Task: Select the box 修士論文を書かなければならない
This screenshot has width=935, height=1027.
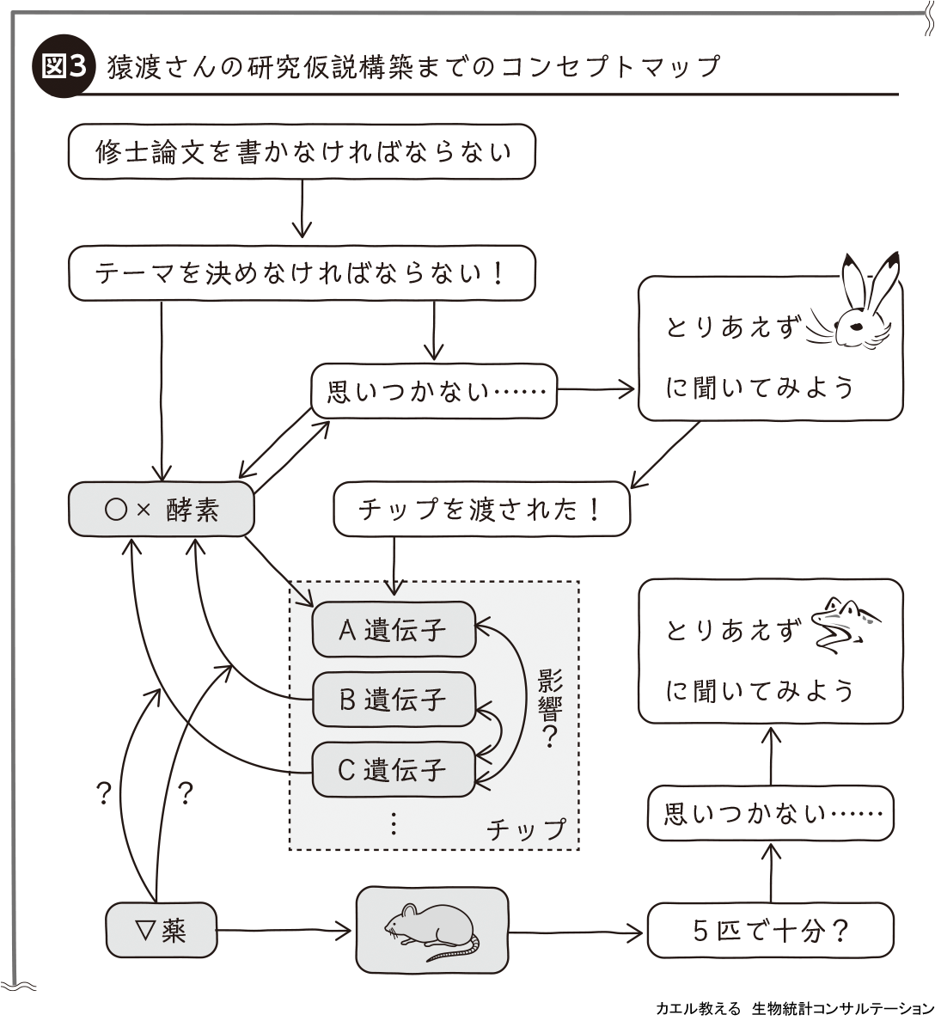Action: click(302, 152)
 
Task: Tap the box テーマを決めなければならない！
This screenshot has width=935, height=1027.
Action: click(302, 273)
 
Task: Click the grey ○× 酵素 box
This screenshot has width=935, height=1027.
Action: click(162, 510)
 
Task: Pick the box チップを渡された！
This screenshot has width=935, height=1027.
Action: click(481, 510)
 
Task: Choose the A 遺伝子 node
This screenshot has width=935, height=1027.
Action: click(394, 630)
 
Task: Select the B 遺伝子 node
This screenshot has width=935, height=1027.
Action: click(394, 700)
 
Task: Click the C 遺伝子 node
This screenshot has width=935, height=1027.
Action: click(394, 769)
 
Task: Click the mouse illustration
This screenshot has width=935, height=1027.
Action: click(431, 932)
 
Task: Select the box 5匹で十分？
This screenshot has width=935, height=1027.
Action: click(770, 931)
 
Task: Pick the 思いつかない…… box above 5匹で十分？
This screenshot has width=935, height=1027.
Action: click(770, 813)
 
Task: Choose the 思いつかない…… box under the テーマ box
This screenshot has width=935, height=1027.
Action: click(434, 392)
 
